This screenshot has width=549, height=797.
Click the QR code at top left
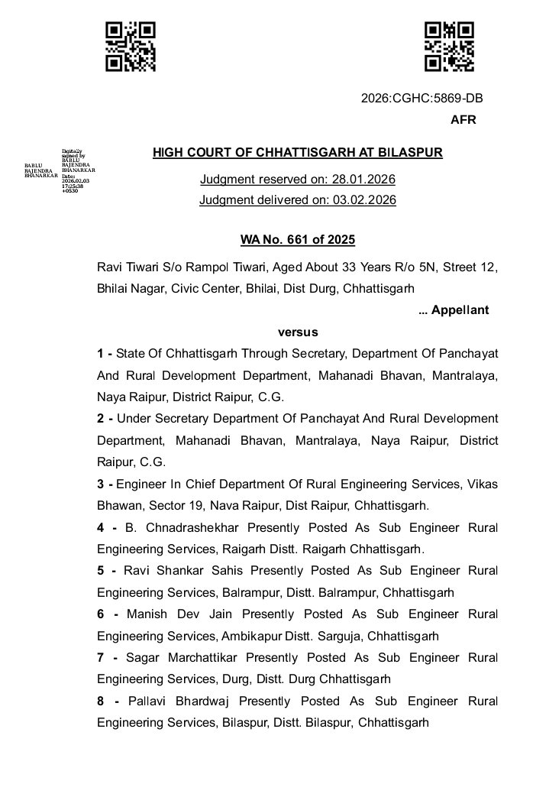coord(131,47)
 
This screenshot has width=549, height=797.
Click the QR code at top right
coord(449,47)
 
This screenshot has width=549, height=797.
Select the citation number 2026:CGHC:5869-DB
coord(421,98)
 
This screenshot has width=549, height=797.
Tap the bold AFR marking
coord(463,120)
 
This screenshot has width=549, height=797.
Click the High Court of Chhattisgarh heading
coord(298,152)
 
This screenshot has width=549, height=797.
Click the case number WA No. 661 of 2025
coord(298,240)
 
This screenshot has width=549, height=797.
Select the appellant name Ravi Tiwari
coord(124,267)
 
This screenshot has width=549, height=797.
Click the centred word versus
coord(298,332)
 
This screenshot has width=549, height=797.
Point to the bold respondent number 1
coord(100,354)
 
